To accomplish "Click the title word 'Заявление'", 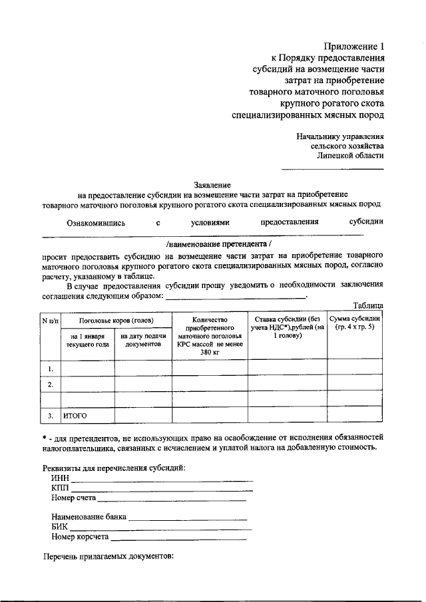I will pos(212,184).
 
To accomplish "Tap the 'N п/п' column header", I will pos(51,321).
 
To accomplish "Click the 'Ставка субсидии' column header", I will pos(287,327).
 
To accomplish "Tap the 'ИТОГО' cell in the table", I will pos(75,416).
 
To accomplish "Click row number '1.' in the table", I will pos(51,367).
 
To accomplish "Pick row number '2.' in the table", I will pos(51,384).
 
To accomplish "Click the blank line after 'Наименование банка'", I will pos(188,518).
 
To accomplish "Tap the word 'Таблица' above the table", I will pos(367,305).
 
